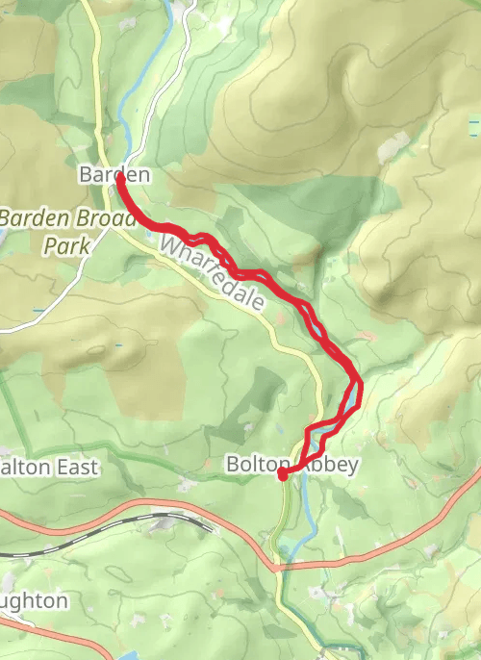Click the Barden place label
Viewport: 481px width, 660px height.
(x=114, y=175)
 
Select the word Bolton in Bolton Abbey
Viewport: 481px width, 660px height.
(x=258, y=465)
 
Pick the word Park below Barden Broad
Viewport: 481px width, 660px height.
(x=66, y=245)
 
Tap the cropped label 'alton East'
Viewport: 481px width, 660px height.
(x=48, y=468)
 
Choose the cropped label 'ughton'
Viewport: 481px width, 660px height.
(x=34, y=601)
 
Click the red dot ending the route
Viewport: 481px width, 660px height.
(x=283, y=473)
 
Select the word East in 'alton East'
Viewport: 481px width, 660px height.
(x=79, y=468)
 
